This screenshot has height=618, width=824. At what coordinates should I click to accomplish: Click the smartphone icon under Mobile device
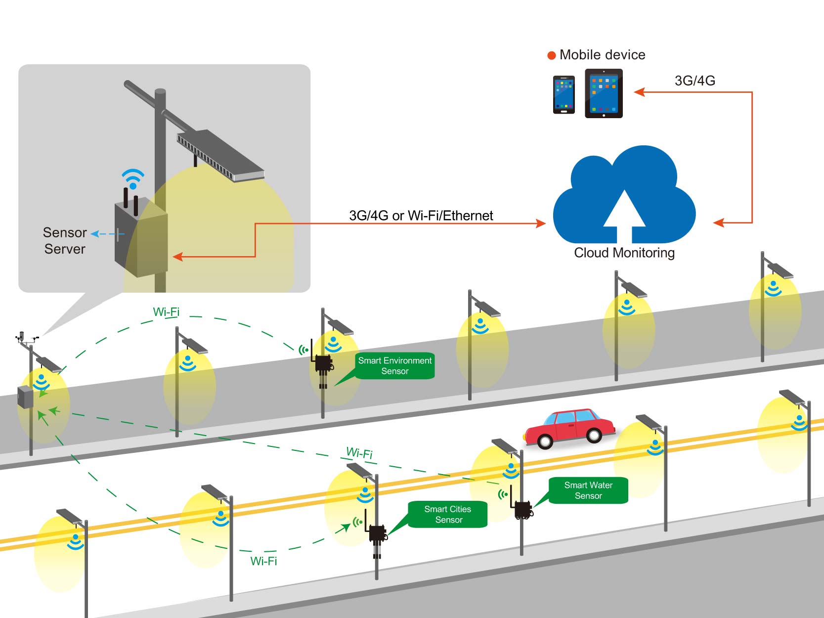coord(564,94)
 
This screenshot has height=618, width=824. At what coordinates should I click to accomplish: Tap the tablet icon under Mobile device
coord(604,93)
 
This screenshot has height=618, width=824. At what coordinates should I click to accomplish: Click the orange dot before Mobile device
coord(552,55)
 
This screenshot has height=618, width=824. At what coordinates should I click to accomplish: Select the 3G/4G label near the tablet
coord(694,81)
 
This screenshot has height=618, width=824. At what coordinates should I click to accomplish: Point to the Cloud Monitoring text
coord(624,253)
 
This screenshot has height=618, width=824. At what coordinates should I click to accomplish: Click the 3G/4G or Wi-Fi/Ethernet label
coord(421,216)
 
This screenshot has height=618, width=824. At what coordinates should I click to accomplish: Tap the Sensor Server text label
coord(65,241)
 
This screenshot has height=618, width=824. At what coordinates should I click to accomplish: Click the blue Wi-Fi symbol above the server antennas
coord(133,178)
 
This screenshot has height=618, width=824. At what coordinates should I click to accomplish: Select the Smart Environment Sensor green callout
coord(394,366)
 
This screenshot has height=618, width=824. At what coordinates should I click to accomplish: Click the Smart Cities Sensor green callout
coord(448,514)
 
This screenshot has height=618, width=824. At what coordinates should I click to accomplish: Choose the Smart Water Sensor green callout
coord(588,490)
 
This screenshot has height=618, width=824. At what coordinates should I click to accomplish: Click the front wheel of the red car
coord(545,440)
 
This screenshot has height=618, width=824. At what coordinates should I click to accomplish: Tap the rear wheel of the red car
coord(594,435)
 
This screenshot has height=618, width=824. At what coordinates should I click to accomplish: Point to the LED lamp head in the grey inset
coord(220,154)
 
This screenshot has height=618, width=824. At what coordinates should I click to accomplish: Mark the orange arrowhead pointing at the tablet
coord(639,92)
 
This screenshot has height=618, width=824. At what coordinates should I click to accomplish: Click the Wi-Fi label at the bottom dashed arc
coord(263,561)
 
